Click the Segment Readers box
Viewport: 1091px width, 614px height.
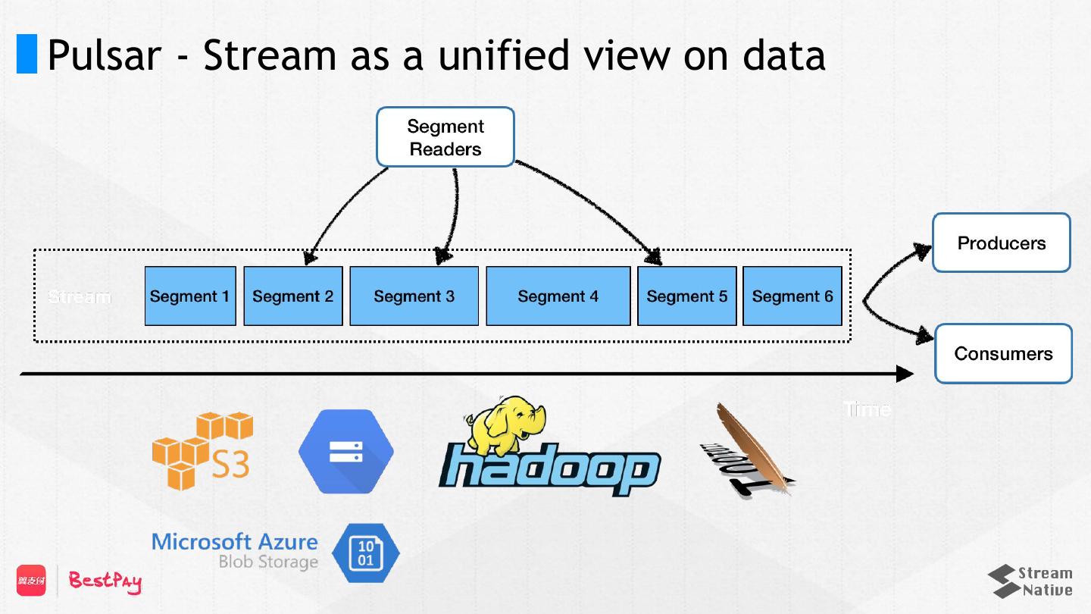tap(445, 137)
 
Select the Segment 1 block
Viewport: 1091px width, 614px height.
tap(190, 296)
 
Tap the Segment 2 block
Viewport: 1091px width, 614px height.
tap(293, 296)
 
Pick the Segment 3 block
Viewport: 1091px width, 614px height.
tap(414, 296)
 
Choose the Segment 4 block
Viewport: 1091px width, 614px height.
tap(558, 296)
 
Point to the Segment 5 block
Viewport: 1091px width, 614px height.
tap(687, 296)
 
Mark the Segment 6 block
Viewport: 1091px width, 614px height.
tap(792, 296)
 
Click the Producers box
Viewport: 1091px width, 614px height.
tap(1002, 243)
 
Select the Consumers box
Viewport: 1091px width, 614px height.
tap(1003, 353)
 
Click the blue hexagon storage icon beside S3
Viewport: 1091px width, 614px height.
tap(346, 452)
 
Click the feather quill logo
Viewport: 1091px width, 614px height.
tap(747, 452)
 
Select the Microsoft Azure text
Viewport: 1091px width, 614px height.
tap(235, 542)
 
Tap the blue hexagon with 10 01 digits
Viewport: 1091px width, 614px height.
tap(365, 553)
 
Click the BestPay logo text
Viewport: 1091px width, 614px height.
tap(105, 581)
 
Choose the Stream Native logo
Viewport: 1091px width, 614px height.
tap(1030, 581)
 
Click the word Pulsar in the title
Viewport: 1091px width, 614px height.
tap(104, 55)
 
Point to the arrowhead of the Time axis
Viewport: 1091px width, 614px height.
tap(905, 374)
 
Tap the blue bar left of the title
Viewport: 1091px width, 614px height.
tap(27, 54)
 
